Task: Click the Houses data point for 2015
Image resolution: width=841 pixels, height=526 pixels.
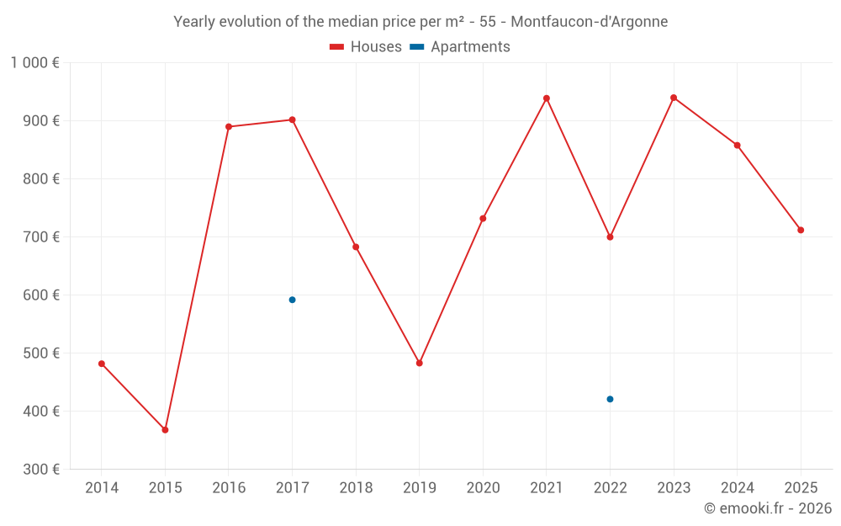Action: coord(165,430)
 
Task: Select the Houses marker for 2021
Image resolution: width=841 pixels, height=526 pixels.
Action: coord(547,98)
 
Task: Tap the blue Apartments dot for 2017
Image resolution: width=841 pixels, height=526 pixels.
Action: coord(292,300)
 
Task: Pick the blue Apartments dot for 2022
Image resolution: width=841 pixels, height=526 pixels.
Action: coord(610,399)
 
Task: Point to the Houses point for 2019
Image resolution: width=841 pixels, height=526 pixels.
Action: coord(420,363)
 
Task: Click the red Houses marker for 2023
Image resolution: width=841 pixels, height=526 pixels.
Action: coord(674,98)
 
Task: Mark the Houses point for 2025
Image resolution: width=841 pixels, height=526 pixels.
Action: coord(801,230)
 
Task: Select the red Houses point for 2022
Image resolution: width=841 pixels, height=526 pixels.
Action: coord(610,236)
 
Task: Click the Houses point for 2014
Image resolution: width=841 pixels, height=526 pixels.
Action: coord(102,364)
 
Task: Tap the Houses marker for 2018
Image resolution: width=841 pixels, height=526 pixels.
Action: coord(356,247)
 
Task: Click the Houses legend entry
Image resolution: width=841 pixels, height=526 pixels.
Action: coord(366,47)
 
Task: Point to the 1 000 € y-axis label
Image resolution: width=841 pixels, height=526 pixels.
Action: coord(35,62)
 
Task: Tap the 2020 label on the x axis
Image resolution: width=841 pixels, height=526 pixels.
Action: coord(483,488)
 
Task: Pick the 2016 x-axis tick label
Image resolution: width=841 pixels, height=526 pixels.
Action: coord(229,488)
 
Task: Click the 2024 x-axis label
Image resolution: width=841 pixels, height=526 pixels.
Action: coord(737,488)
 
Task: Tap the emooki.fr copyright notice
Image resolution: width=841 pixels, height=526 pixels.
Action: coord(768,508)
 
